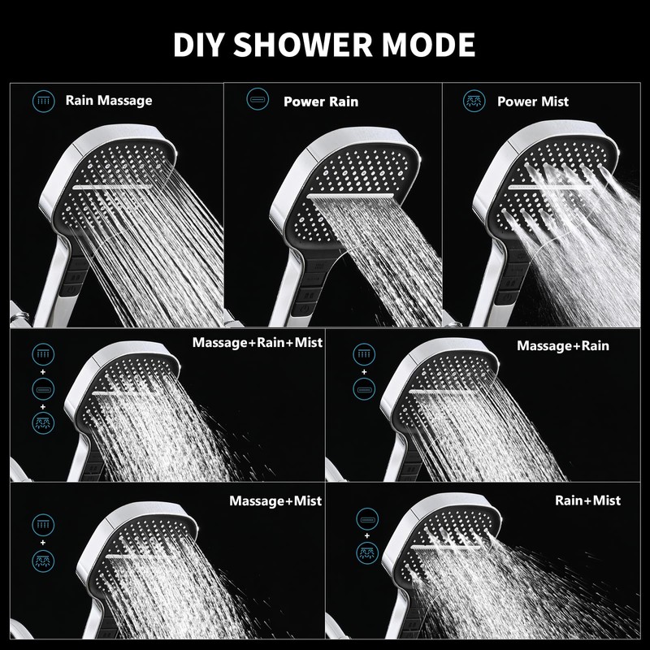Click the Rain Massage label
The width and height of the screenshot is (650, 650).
pyautogui.click(x=109, y=101)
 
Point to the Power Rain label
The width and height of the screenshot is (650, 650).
pyautogui.click(x=321, y=102)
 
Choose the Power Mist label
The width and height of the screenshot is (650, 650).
pyautogui.click(x=533, y=102)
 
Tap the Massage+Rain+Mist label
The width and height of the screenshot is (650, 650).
pyautogui.click(x=258, y=343)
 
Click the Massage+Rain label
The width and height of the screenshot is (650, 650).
pyautogui.click(x=563, y=345)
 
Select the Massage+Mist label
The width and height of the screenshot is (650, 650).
pyautogui.click(x=275, y=500)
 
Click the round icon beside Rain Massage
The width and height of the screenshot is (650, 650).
pyautogui.click(x=42, y=101)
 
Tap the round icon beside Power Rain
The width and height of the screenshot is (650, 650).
pyautogui.click(x=257, y=101)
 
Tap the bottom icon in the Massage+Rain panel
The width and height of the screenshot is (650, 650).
pyautogui.click(x=363, y=388)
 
